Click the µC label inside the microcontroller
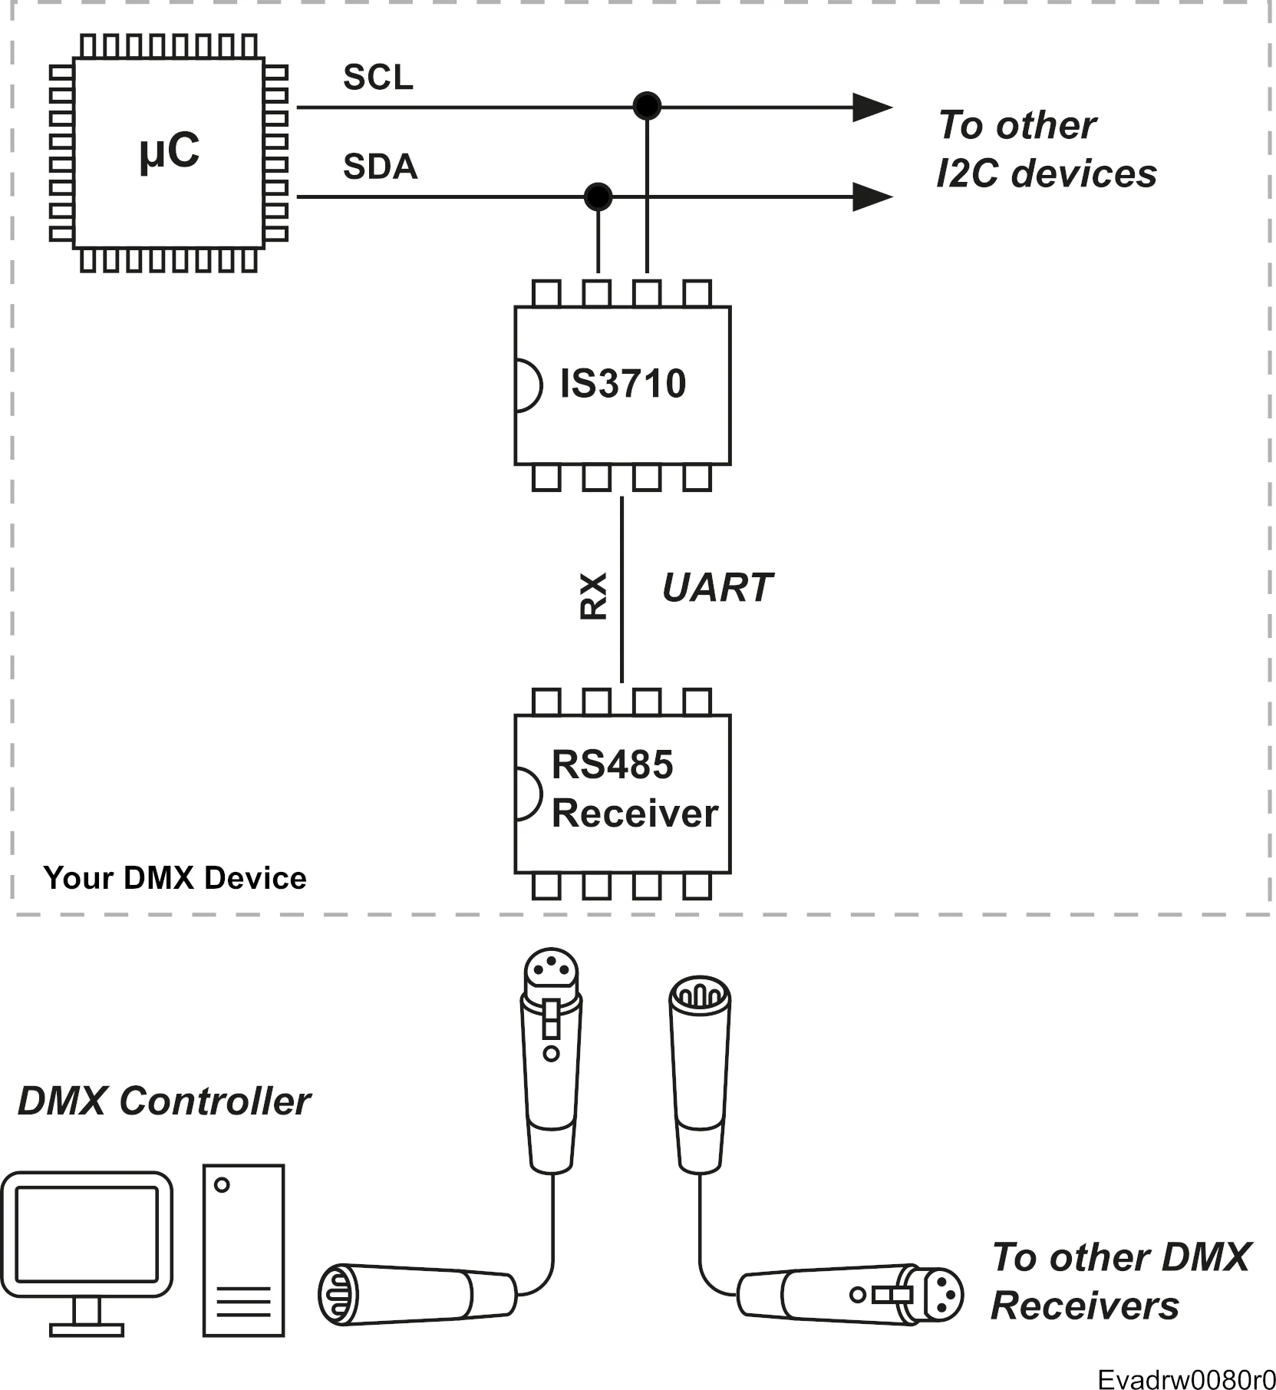point(170,152)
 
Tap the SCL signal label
point(378,78)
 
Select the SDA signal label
point(381,167)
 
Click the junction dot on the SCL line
point(647,106)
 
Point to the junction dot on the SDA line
point(598,196)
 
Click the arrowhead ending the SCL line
point(872,107)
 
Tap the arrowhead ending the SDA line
point(872,197)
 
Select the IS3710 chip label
point(623,384)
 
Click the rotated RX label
point(593,596)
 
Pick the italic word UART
point(717,588)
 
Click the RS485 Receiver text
point(635,789)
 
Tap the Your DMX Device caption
point(175,878)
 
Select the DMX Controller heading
point(164,1101)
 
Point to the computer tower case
point(244,1251)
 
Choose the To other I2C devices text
point(1047,149)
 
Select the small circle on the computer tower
point(223,1185)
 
